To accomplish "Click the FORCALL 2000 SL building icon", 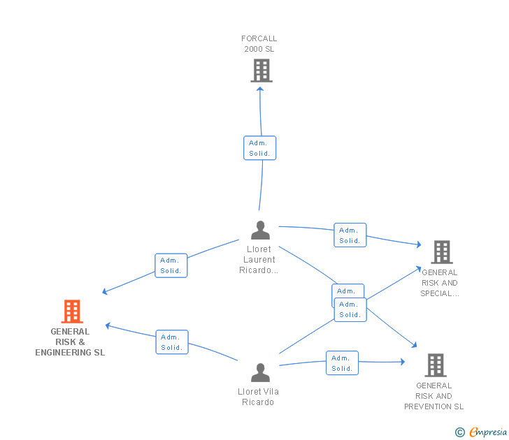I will click(x=261, y=71).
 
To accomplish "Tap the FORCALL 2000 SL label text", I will click(x=259, y=43).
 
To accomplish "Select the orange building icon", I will click(x=71, y=311).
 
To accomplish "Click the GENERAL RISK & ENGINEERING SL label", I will click(x=70, y=342).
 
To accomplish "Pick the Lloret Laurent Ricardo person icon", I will click(x=260, y=230).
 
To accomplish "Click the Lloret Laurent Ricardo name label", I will click(x=259, y=259).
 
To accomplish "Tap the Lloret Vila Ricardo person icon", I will click(x=260, y=372).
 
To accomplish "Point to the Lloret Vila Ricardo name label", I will click(x=258, y=397).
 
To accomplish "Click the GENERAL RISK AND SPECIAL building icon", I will click(x=441, y=252).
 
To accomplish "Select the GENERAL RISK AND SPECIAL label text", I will click(x=440, y=283).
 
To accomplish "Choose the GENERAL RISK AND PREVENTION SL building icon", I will click(x=435, y=365).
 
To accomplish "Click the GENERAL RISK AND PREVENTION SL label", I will click(x=433, y=396).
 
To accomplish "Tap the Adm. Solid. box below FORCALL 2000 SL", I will click(x=259, y=148).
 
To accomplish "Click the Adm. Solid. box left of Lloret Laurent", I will click(x=171, y=265).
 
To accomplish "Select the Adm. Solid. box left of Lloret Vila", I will click(x=171, y=342).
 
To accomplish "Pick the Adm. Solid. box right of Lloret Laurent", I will click(x=350, y=235).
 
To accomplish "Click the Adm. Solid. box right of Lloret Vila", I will click(x=342, y=363).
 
